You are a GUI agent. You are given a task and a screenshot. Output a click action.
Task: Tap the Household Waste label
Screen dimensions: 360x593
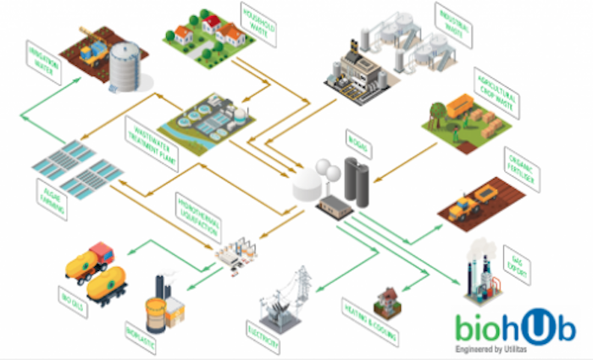point(257,24)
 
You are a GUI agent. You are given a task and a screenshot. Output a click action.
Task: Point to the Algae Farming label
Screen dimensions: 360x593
point(52,197)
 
